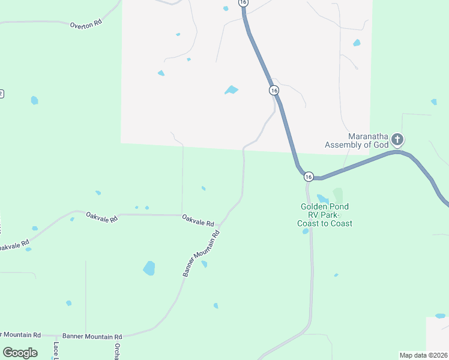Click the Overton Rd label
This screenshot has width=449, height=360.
(86, 25)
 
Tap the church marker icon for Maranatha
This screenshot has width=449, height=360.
(397, 140)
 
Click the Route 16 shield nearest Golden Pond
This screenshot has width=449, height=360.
(309, 176)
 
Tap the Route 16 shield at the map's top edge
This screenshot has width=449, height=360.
(243, 3)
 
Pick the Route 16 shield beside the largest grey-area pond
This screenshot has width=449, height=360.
(274, 90)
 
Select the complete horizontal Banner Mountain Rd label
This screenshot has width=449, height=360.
(92, 337)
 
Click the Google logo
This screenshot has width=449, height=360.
(20, 353)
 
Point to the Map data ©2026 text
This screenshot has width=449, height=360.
(423, 355)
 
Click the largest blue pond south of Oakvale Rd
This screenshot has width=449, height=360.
(149, 268)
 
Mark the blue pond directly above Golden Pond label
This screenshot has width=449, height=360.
(322, 199)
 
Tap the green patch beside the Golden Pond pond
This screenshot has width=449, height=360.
(338, 196)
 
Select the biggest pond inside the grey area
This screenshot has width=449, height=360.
(231, 90)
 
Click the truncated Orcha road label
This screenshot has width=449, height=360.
(117, 350)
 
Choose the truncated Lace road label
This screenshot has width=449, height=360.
(56, 350)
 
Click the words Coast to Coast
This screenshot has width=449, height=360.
(325, 223)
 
